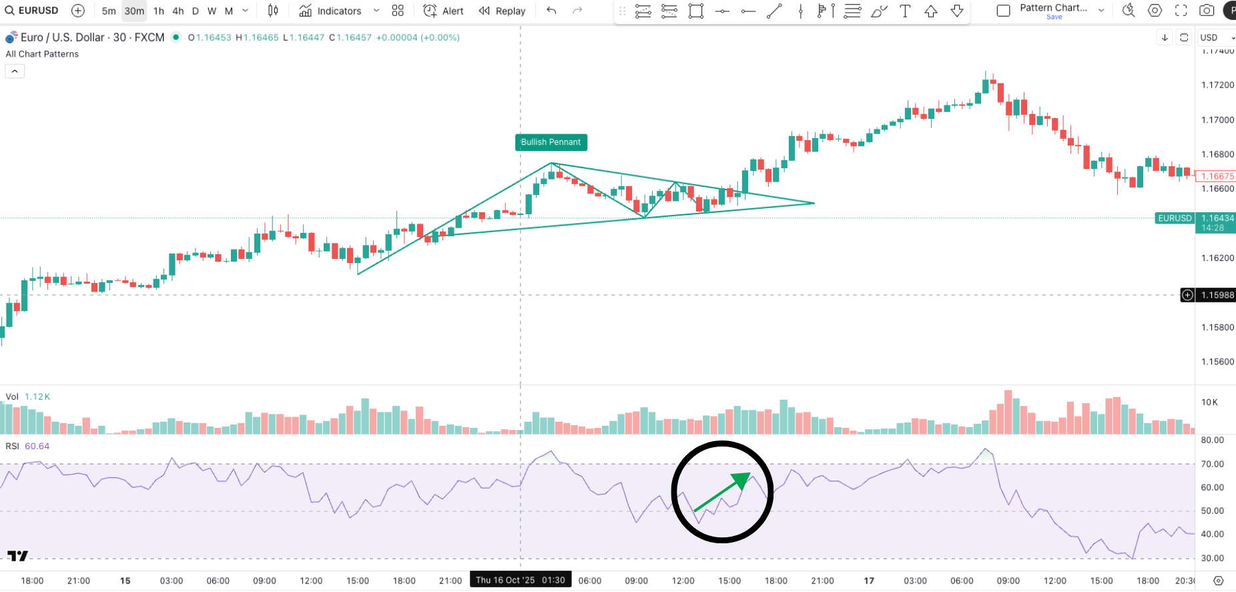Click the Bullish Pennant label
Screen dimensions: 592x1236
coord(551,142)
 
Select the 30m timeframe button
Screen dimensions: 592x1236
coord(134,11)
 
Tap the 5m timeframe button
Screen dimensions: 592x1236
coord(109,11)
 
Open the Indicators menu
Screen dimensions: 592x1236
coord(331,11)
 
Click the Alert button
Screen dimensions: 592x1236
coord(444,11)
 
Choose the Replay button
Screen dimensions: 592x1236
coord(503,11)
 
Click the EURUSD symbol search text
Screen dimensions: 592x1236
coord(38,11)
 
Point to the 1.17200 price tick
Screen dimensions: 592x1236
coord(1217,85)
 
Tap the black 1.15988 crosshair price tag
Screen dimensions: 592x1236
coord(1217,295)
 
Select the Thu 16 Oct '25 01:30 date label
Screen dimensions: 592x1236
coord(520,580)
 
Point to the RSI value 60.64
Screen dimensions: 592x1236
coord(37,446)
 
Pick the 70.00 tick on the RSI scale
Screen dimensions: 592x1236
coord(1212,464)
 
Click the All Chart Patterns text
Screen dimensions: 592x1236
coord(42,54)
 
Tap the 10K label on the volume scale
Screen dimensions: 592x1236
coord(1209,402)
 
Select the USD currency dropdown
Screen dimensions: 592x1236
coord(1215,37)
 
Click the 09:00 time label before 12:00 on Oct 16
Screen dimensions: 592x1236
coord(636,581)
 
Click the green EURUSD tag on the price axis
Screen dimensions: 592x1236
coord(1175,218)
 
